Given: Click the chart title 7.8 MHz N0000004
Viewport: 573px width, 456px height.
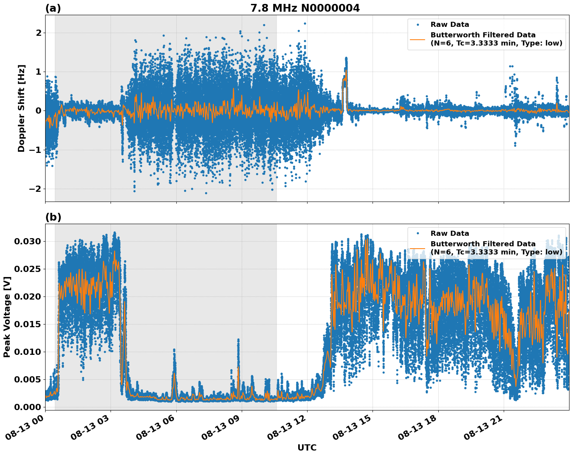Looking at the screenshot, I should tap(305, 8).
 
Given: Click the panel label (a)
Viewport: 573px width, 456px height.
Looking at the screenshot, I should tap(53, 8).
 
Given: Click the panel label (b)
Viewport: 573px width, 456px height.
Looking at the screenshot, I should tap(53, 217).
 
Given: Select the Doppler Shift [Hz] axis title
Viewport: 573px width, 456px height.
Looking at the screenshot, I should tap(21, 108).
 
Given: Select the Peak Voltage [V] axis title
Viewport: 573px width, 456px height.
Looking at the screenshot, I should tap(7, 317).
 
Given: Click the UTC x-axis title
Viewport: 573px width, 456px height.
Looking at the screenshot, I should tap(307, 448).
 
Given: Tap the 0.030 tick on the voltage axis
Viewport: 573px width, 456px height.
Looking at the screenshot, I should tap(27, 241).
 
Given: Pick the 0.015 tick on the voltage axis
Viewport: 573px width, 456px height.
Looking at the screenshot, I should tap(27, 324).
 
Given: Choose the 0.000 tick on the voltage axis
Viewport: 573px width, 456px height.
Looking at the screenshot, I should tap(27, 407).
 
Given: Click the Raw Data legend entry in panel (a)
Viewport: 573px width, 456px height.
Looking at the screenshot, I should tap(450, 25).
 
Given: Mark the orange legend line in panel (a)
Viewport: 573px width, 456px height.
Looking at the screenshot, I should tap(418, 39).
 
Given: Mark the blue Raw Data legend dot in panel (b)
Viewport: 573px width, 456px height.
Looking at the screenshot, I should tap(418, 233).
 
